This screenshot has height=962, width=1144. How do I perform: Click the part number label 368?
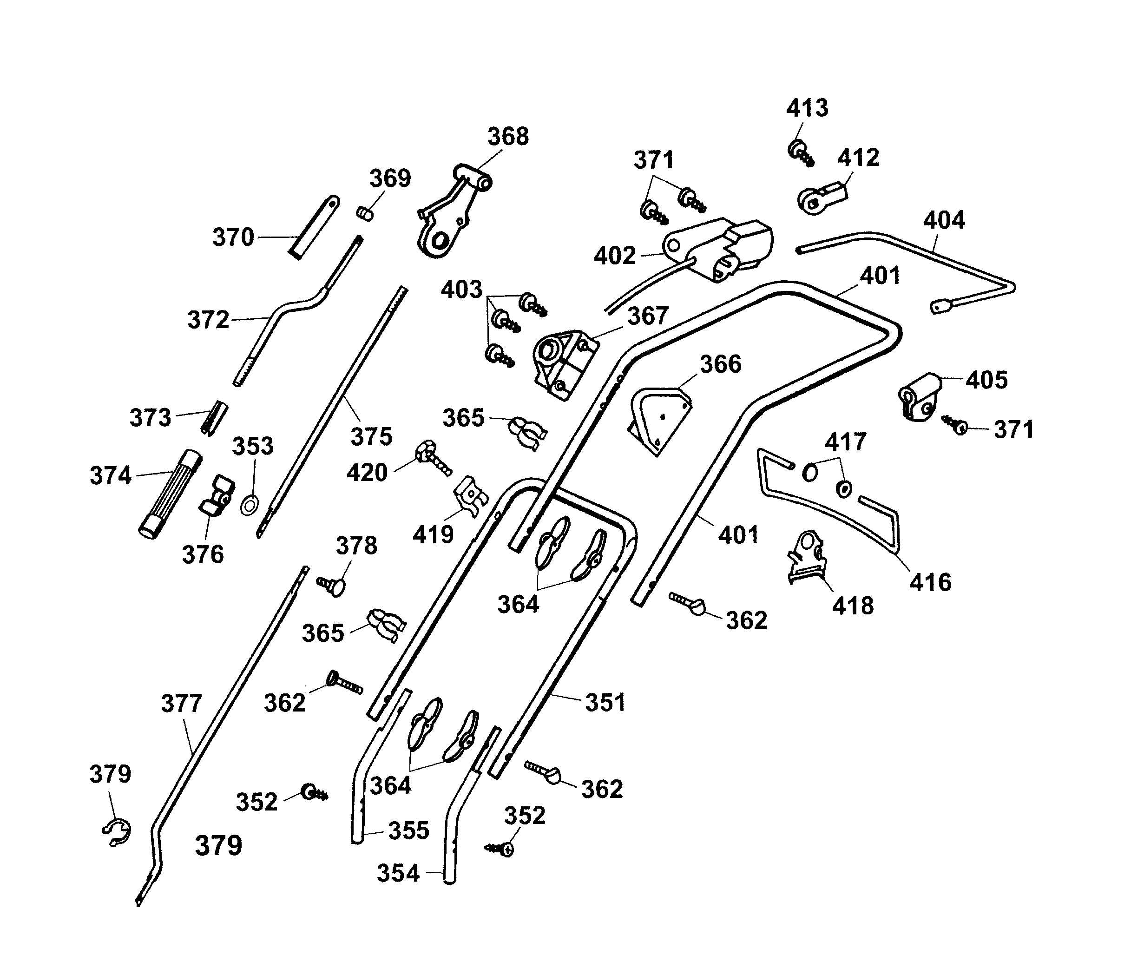click(x=508, y=136)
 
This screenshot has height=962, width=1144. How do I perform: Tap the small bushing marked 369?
click(x=365, y=213)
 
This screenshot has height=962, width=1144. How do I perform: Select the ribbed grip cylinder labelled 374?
click(x=170, y=494)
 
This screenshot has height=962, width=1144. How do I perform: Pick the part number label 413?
click(x=807, y=108)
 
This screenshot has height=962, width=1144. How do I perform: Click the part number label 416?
click(x=930, y=582)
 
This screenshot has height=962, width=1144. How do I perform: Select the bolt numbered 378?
click(x=333, y=586)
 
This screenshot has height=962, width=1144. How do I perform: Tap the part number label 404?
click(x=943, y=220)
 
